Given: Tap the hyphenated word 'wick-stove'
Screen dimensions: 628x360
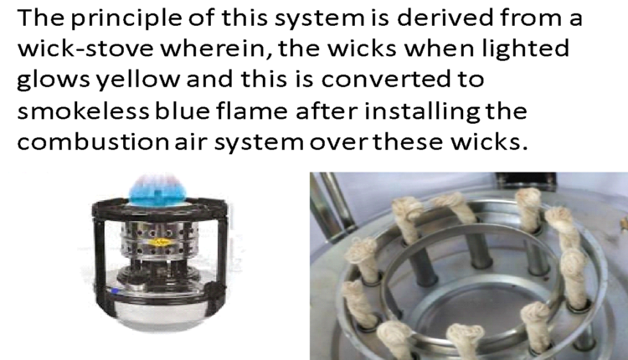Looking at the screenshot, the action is point(85,49).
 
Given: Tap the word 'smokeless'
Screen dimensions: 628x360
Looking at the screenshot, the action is point(83,111).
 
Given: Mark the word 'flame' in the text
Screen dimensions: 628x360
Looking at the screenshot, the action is point(252,111).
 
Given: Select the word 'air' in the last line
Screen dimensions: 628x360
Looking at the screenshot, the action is point(190,142).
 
